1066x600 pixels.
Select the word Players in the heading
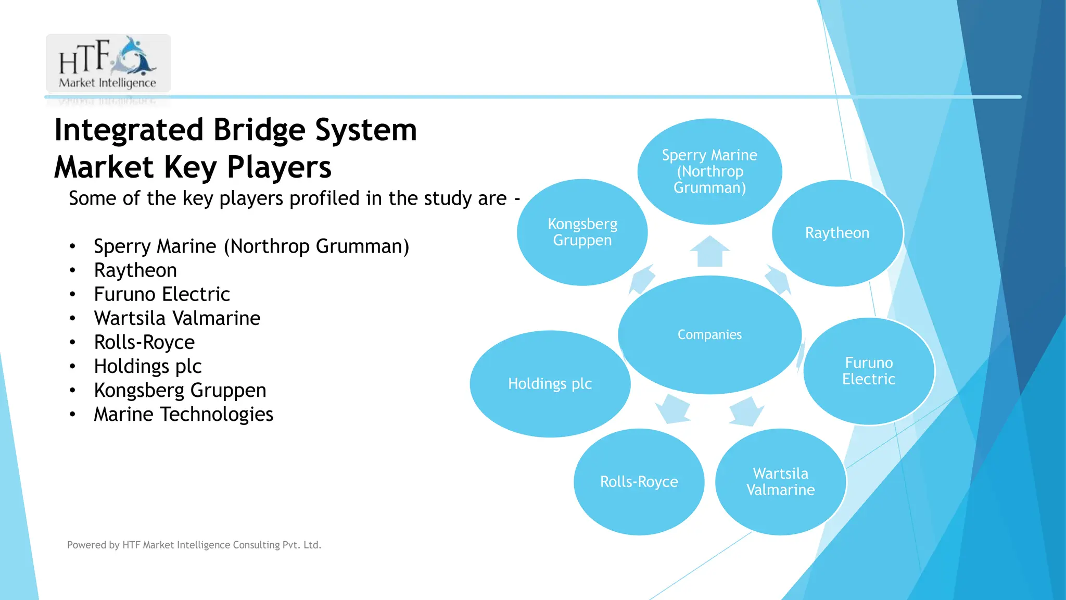(x=279, y=168)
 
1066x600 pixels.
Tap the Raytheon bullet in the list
(x=135, y=270)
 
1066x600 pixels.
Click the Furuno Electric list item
(x=162, y=294)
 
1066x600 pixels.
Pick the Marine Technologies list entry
(x=183, y=415)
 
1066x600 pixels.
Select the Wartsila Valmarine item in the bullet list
(x=177, y=318)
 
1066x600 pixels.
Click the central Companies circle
(x=709, y=334)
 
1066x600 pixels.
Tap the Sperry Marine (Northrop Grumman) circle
(x=709, y=171)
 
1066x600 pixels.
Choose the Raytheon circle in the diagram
(x=837, y=233)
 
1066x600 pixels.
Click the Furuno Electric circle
(x=868, y=371)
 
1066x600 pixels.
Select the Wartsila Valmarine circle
(x=780, y=482)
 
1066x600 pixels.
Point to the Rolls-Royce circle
(x=639, y=482)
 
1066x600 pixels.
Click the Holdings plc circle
(x=550, y=384)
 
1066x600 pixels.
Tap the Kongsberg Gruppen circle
(x=582, y=232)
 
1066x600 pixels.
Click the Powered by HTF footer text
(x=194, y=545)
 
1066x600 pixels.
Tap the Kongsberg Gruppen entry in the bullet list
(x=180, y=391)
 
